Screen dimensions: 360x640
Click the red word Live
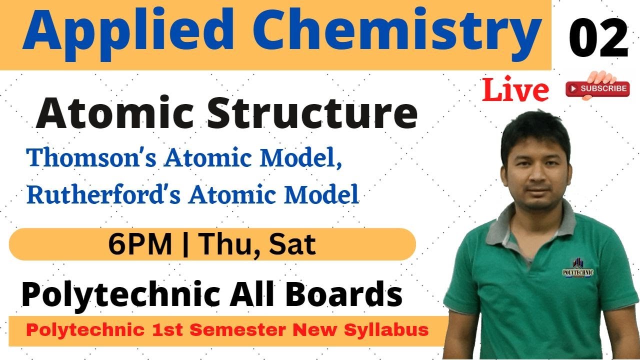(x=515, y=90)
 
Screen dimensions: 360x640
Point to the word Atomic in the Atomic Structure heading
(x=118, y=114)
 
